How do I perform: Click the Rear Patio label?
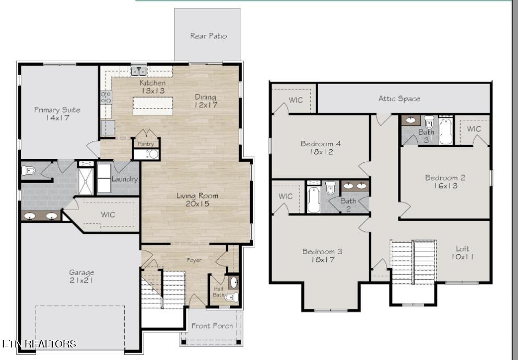point(208,36)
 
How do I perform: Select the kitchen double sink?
point(138,71)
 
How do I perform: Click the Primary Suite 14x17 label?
point(57,114)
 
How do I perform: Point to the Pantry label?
point(146,143)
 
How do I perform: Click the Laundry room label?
point(124,179)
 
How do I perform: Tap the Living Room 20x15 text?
point(197,200)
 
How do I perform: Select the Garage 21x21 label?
point(82,276)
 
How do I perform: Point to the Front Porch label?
point(212,326)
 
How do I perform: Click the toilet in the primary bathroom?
point(29,170)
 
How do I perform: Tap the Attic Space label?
point(399,98)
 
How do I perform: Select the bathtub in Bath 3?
point(445,131)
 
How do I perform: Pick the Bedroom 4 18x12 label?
point(317,148)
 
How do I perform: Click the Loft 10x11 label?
point(463,253)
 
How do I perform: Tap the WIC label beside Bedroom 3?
point(286,196)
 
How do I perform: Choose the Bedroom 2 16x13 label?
point(445,182)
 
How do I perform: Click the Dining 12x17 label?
point(206,101)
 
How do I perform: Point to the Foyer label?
point(194,260)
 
